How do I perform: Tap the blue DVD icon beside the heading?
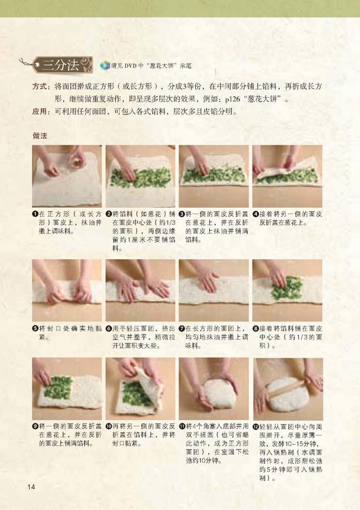[x=105, y=66]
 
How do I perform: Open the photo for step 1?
[x=66, y=176]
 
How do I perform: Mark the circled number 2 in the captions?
[x=109, y=215]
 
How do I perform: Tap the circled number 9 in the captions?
[x=35, y=426]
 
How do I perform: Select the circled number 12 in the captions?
[x=255, y=426]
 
